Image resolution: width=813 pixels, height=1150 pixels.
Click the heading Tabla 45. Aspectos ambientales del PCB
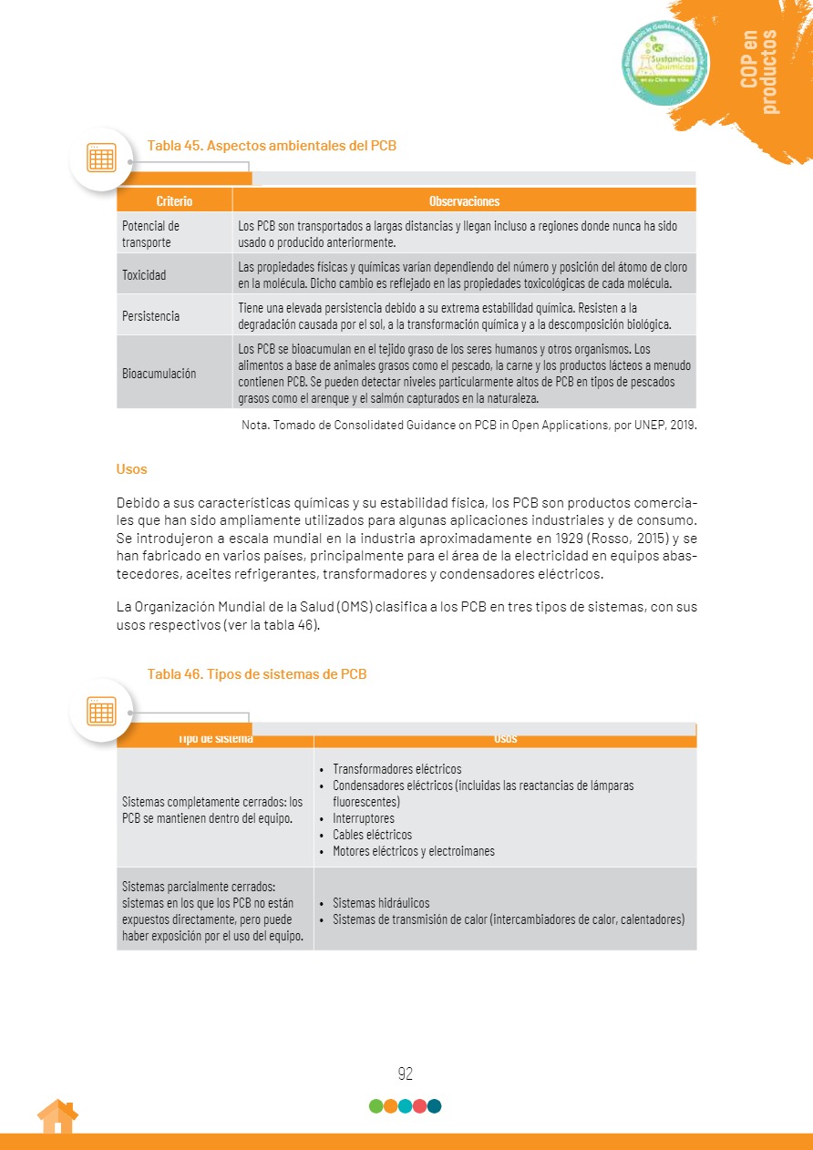pyautogui.click(x=272, y=145)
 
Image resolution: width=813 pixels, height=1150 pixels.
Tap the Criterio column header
pyautogui.click(x=174, y=201)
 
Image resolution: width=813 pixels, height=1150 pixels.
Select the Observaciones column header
pyautogui.click(x=464, y=201)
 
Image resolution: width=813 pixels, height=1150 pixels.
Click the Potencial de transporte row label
pyautogui.click(x=151, y=234)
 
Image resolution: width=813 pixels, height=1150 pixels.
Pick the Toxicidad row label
pyautogui.click(x=145, y=275)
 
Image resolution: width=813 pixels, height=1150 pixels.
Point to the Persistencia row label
pyautogui.click(x=150, y=316)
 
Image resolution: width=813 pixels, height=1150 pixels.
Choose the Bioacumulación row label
pyautogui.click(x=159, y=374)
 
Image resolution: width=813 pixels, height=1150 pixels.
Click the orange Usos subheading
pyautogui.click(x=131, y=469)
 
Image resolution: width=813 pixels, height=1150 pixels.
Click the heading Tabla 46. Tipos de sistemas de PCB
pyautogui.click(x=257, y=674)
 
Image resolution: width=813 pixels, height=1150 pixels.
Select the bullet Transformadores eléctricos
pyautogui.click(x=396, y=769)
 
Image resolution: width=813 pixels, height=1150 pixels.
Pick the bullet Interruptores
pyautogui.click(x=364, y=818)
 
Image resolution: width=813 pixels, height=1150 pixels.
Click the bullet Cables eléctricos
pyautogui.click(x=372, y=835)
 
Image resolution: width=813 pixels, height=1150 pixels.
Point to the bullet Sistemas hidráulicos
pyautogui.click(x=381, y=903)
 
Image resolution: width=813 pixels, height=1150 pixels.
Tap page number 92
pyautogui.click(x=406, y=1074)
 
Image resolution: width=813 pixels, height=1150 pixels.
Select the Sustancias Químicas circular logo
pyautogui.click(x=666, y=62)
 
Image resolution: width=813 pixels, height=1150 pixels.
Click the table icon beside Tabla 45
pyautogui.click(x=101, y=159)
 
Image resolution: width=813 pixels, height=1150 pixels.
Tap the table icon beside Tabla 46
pyautogui.click(x=101, y=710)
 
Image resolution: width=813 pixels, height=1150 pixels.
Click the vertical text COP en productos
pyautogui.click(x=759, y=71)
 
